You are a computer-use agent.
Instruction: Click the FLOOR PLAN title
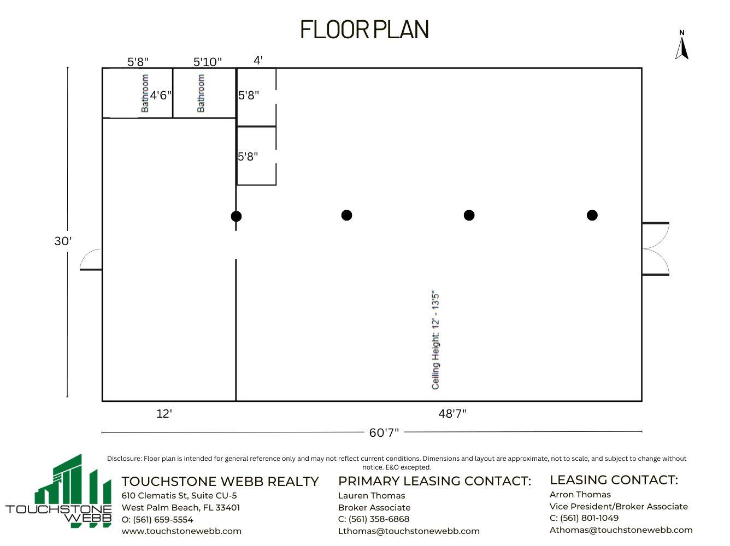point(364,30)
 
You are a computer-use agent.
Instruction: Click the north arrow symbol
point(681,46)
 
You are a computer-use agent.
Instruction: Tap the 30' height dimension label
point(63,241)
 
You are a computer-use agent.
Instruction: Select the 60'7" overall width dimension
point(384,432)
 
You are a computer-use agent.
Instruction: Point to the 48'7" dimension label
point(452,414)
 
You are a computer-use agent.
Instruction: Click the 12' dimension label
point(164,414)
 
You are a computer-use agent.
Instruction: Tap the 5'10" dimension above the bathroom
point(208,62)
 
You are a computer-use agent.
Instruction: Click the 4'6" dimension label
point(161,96)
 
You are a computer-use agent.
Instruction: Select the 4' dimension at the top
point(258,60)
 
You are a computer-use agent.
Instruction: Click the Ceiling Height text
point(435,340)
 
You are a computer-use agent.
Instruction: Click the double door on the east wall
point(656,249)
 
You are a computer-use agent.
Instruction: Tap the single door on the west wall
point(91,260)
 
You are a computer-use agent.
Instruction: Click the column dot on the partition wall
point(236,216)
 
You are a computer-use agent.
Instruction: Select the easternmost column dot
point(592,215)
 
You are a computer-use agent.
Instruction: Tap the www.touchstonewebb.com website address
point(181,531)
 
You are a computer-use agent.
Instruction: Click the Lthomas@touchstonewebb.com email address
point(409,531)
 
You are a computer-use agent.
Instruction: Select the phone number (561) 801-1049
point(584,518)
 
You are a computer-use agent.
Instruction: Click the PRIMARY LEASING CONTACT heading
point(434,481)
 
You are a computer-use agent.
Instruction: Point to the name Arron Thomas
point(580,494)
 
